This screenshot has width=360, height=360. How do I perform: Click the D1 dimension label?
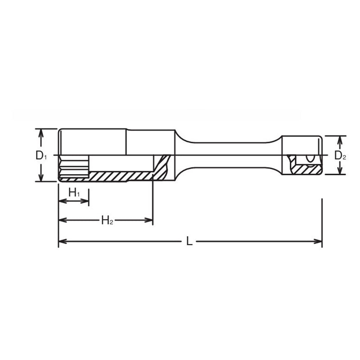(41, 156)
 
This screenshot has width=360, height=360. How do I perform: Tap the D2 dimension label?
(340, 156)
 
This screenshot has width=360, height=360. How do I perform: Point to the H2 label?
(107, 220)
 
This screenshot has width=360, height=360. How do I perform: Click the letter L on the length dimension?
(189, 242)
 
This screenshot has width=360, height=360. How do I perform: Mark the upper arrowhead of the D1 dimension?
(41, 132)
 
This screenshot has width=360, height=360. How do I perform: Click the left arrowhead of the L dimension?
(62, 242)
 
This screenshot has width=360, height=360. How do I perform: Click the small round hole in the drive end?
(310, 159)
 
